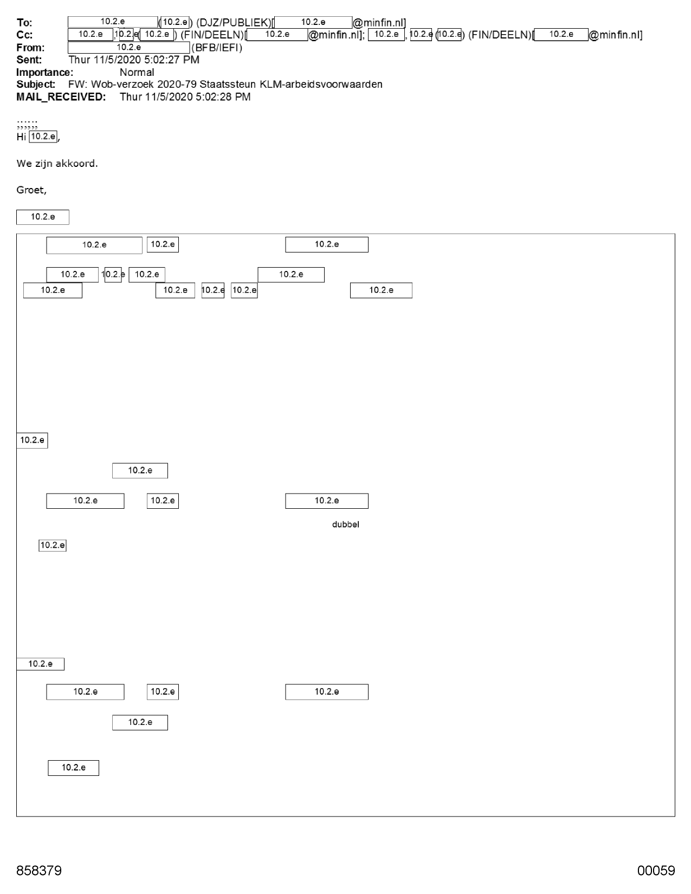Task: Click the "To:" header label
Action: click(24, 23)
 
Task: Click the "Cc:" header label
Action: click(24, 35)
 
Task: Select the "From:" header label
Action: click(30, 48)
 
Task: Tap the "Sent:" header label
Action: click(29, 60)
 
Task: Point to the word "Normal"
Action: click(137, 73)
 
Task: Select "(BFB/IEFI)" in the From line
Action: click(217, 48)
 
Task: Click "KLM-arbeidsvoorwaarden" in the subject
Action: click(321, 85)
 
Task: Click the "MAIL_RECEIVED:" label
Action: click(61, 97)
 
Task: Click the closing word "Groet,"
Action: click(31, 190)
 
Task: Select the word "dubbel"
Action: click(345, 524)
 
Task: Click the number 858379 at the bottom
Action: click(39, 870)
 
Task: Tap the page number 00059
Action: click(656, 870)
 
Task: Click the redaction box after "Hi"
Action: click(43, 137)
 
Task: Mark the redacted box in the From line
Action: click(129, 48)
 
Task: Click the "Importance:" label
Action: click(45, 73)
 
